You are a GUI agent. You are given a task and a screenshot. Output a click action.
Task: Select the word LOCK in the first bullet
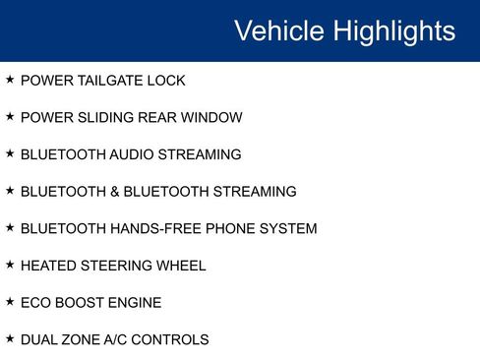167,81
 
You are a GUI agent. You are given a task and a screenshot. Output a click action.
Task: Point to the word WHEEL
180,266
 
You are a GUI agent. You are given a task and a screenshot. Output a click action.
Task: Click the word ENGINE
132,303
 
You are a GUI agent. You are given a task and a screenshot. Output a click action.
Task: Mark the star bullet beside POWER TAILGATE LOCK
10,80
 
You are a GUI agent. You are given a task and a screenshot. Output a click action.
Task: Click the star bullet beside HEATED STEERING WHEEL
10,265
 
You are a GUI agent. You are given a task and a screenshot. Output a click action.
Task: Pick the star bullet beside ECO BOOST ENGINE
10,302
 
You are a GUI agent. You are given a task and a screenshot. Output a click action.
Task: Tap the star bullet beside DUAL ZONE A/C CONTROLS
10,339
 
